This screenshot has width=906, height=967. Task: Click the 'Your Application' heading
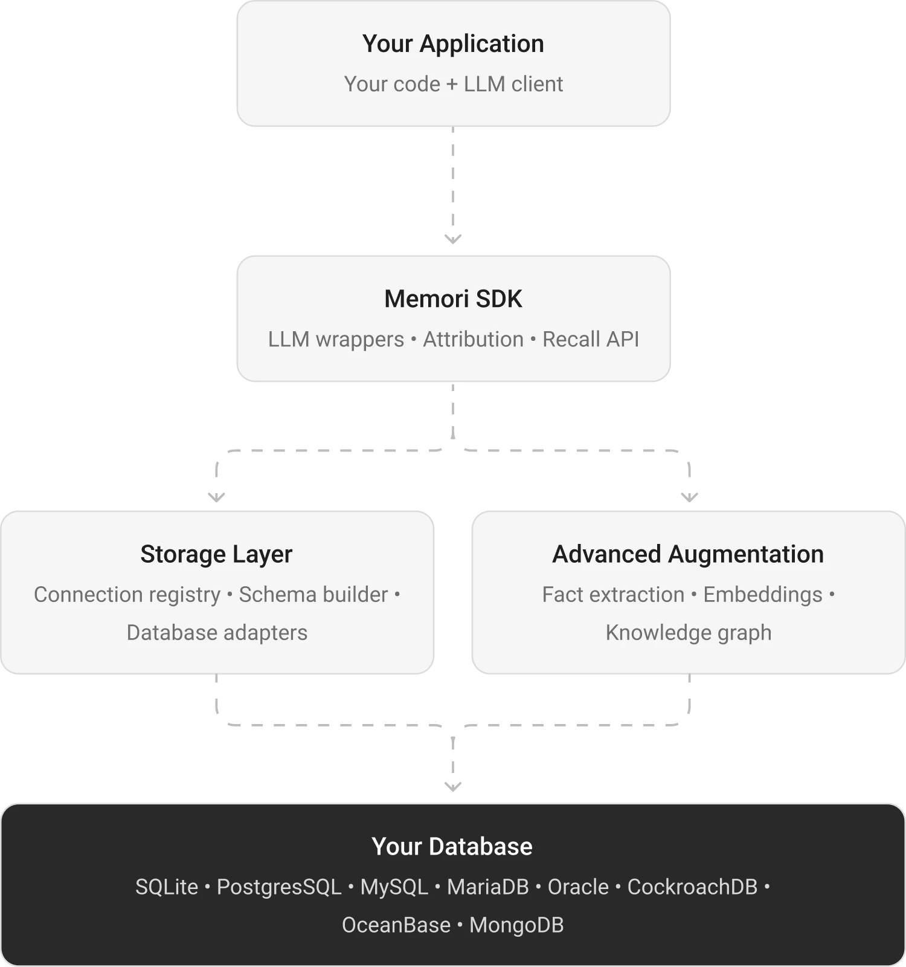[x=453, y=44]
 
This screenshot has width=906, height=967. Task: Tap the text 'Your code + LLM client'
[x=453, y=84]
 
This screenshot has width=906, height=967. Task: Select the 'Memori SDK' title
[x=453, y=299]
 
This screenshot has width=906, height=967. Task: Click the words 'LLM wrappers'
[x=336, y=340]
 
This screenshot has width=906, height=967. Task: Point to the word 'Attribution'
[x=473, y=340]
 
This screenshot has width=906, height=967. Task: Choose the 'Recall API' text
[x=590, y=340]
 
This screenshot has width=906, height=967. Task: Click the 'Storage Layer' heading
[x=216, y=554]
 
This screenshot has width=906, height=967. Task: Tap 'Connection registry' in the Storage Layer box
[x=127, y=595]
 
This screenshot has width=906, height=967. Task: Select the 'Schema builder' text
[x=313, y=595]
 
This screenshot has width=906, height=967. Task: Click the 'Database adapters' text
[x=217, y=633]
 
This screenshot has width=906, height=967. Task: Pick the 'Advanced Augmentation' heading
[x=688, y=554]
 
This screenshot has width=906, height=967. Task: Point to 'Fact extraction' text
[x=613, y=595]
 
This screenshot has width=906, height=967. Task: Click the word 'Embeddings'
[x=762, y=595]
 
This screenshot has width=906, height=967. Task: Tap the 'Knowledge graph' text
[x=689, y=633]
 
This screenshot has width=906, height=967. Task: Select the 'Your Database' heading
[x=452, y=847]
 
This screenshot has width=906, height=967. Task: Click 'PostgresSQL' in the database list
[x=279, y=887]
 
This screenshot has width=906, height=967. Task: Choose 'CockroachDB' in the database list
[x=692, y=887]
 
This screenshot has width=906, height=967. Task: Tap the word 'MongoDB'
[x=516, y=925]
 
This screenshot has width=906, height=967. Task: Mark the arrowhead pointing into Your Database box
[x=452, y=784]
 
